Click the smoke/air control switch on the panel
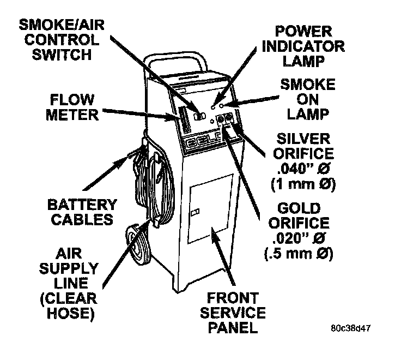tap(198, 115)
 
